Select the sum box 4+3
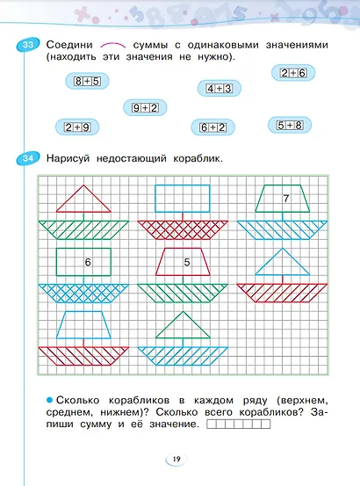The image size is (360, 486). click(x=219, y=88)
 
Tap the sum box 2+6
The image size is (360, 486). click(x=292, y=74)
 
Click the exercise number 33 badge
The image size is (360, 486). click(x=29, y=47)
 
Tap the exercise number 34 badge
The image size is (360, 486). click(x=29, y=158)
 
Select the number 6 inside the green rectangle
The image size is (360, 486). click(x=87, y=262)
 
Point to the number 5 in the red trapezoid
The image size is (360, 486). click(x=186, y=262)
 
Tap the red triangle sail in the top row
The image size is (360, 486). click(x=83, y=200)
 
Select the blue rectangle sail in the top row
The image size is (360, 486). click(x=183, y=198)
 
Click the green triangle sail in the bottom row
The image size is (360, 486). click(x=184, y=328)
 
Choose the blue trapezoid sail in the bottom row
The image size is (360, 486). click(x=83, y=324)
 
